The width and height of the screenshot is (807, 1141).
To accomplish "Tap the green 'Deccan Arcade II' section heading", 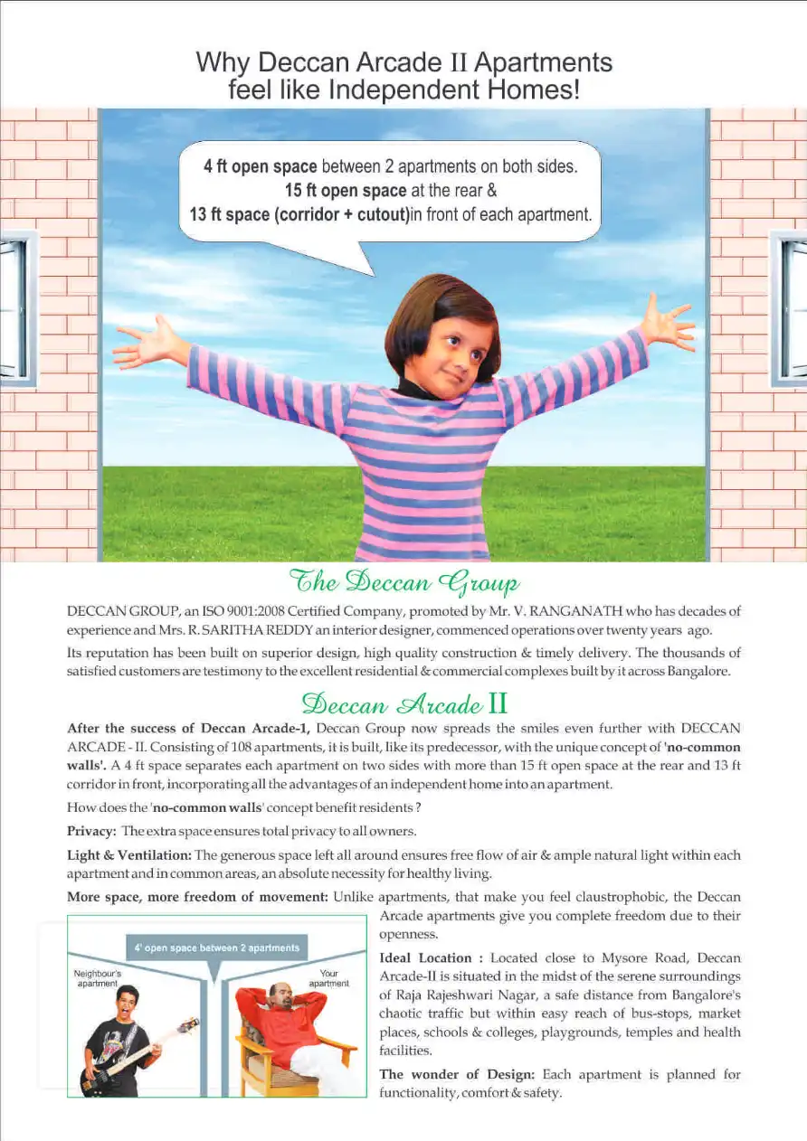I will (x=403, y=703).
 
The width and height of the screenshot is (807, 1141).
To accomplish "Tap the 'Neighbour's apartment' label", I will (x=98, y=978).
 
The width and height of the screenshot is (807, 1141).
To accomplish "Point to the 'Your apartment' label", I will (x=328, y=978).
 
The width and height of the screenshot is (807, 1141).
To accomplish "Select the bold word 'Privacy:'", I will (x=91, y=831).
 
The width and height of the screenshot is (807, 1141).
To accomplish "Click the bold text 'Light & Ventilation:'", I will (x=128, y=855).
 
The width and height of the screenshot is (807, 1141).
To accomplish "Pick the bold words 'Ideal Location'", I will (x=425, y=958).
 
